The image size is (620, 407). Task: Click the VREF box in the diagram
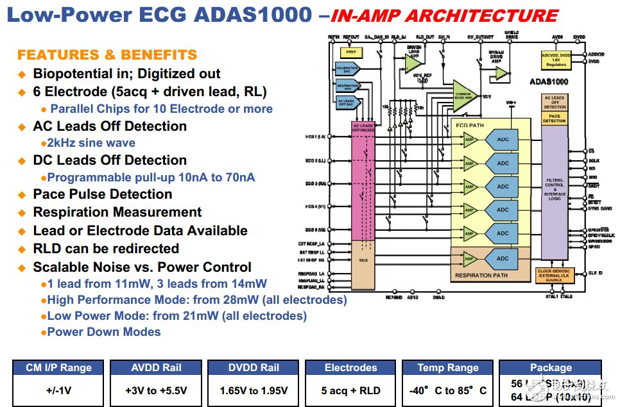pyautogui.click(x=351, y=52)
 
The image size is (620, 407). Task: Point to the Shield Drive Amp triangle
pyautogui.click(x=500, y=73)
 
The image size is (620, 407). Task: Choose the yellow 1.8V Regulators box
pyautogui.click(x=556, y=60)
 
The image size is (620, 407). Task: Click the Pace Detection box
pyautogui.click(x=555, y=118)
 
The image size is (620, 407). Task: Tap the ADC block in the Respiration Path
pyautogui.click(x=503, y=258)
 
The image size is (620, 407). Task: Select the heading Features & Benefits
pyautogui.click(x=107, y=55)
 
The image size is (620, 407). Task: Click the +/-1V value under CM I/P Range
pyautogui.click(x=58, y=390)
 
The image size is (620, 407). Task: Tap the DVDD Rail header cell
pyautogui.click(x=254, y=368)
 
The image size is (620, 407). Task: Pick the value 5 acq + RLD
pyautogui.click(x=350, y=390)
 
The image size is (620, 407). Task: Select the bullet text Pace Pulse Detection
pyautogui.click(x=103, y=194)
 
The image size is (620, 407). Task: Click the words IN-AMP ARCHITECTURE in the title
pyautogui.click(x=446, y=16)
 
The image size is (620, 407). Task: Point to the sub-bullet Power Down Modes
pyautogui.click(x=103, y=332)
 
